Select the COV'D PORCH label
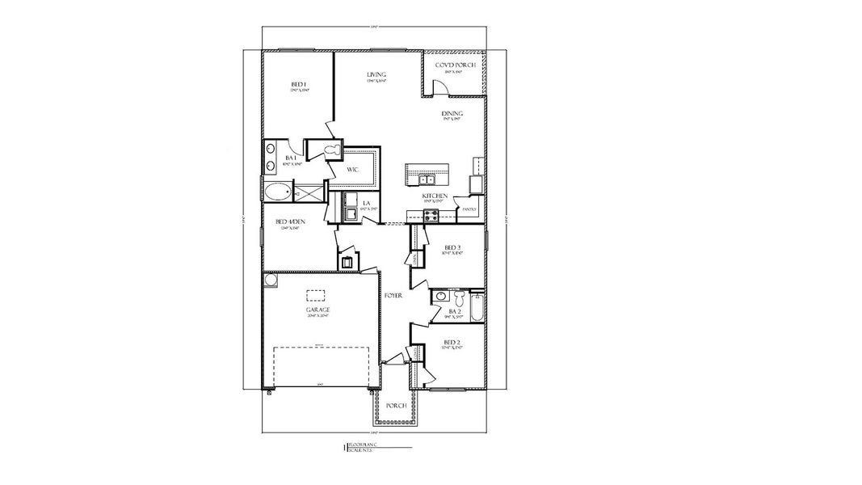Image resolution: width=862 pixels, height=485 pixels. coord(455,65)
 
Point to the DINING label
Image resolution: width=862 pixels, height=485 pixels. coord(452,114)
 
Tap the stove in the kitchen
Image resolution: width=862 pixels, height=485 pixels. coord(431,215)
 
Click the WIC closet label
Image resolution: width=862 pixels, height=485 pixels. coord(353,171)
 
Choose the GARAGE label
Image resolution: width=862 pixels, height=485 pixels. coord(317,310)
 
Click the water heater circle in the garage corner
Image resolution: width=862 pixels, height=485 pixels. coord(271,280)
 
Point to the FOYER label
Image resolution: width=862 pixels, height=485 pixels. coord(393,296)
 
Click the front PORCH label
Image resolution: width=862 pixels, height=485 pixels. coord(396,406)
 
